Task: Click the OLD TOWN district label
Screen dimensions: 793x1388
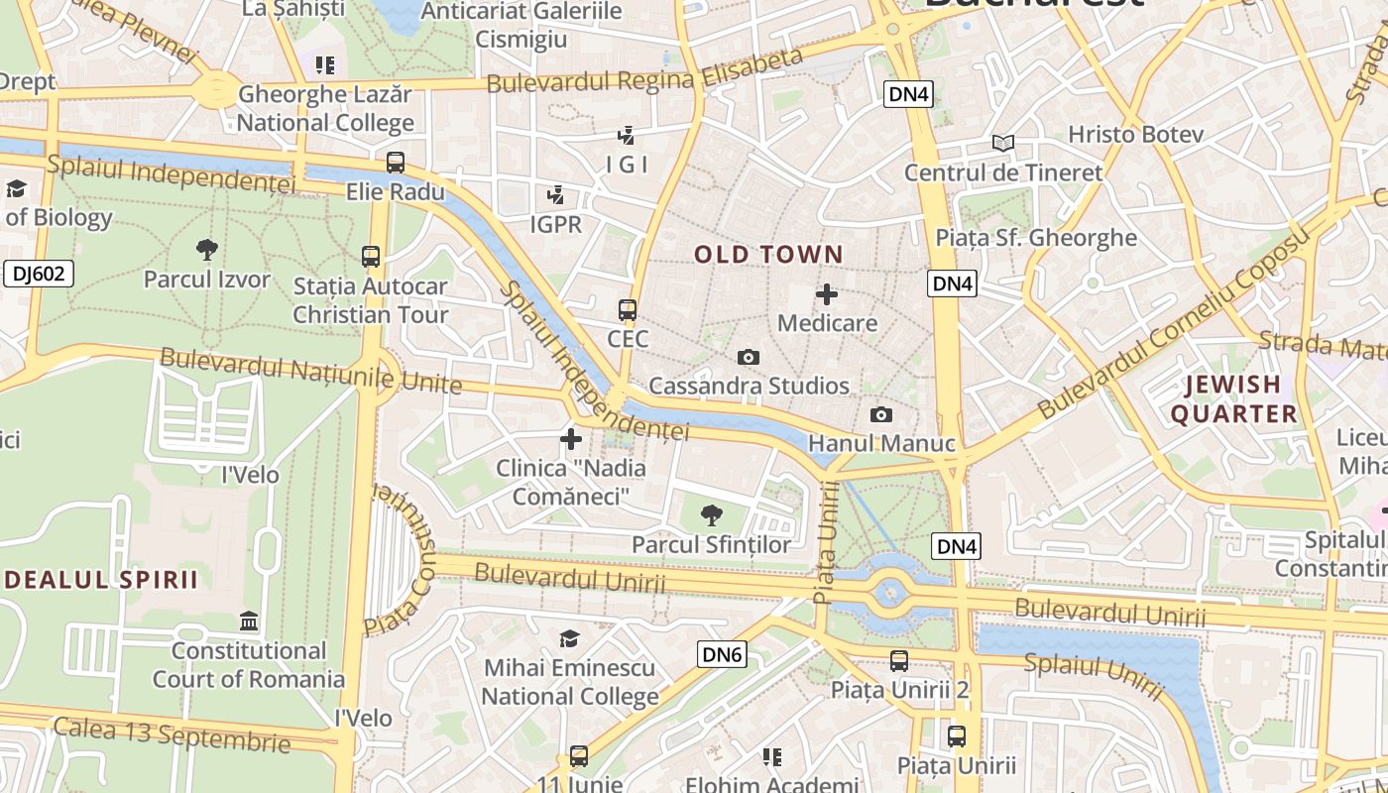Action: (768, 255)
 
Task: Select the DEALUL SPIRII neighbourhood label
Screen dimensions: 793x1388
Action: (101, 580)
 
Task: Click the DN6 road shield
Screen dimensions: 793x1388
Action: (722, 654)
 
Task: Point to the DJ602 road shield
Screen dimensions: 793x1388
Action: (39, 274)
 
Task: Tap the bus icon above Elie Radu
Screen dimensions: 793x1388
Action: (395, 163)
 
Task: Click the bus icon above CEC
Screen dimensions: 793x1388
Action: (627, 310)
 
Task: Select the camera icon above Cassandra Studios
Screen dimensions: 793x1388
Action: (749, 357)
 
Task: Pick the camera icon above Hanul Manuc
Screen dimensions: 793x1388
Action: (880, 415)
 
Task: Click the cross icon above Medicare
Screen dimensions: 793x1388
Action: (827, 294)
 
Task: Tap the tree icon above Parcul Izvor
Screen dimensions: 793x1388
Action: (206, 250)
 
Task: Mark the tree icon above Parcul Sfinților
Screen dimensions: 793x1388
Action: (711, 514)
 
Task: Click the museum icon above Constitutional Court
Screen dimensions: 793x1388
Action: (249, 622)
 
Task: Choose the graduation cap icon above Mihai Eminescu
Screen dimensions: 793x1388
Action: (569, 638)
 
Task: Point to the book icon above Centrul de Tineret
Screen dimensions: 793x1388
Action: (1003, 144)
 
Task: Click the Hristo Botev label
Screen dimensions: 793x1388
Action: (1135, 134)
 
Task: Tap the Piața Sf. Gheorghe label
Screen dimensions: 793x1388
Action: (1036, 238)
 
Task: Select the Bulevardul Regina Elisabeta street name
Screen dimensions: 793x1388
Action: (644, 71)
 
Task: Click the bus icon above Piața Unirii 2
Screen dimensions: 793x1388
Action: (899, 660)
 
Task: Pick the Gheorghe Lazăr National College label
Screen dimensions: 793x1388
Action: (325, 109)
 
